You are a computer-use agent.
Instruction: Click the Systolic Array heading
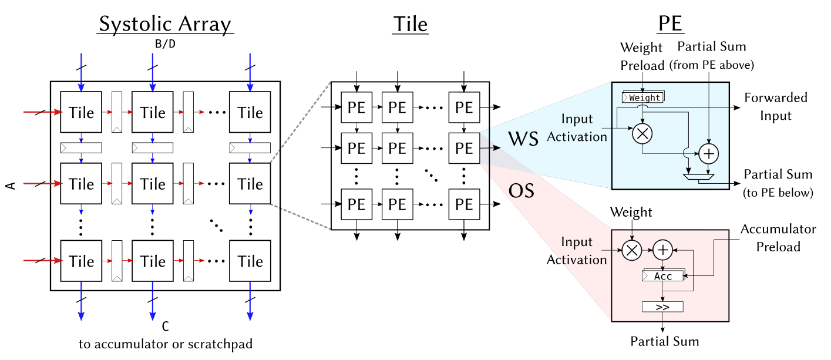165,24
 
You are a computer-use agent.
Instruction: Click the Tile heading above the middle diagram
410,24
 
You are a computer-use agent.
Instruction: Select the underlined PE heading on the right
669,24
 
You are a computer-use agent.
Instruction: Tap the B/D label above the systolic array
164,43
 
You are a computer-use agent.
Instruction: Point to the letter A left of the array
11,186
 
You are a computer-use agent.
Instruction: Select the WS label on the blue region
524,140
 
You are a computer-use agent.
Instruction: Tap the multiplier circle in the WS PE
642,134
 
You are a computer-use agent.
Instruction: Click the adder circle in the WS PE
708,153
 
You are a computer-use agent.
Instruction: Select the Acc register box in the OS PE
663,275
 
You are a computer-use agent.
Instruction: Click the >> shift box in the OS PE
663,307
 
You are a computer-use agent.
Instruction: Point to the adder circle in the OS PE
663,250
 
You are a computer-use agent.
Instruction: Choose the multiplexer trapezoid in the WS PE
699,176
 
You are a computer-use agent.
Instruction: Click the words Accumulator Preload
778,237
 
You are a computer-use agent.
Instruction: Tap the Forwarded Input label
776,106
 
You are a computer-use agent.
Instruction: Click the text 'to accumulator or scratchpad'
166,344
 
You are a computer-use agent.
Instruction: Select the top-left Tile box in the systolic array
81,112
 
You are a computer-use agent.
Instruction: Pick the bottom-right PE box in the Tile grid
464,204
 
